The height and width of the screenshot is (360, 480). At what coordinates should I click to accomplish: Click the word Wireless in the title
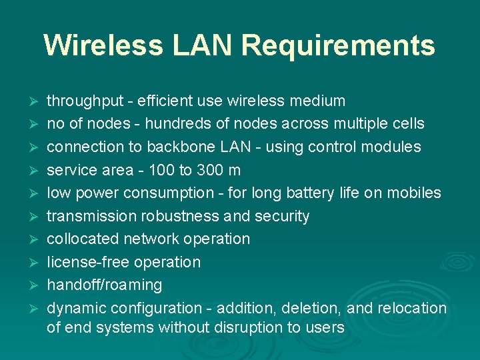pyautogui.click(x=103, y=45)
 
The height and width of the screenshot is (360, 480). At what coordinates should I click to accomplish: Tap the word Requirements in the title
pyautogui.click(x=338, y=45)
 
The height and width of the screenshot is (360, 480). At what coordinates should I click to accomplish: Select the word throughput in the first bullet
pyautogui.click(x=85, y=101)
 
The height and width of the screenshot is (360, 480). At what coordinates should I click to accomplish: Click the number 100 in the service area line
pyautogui.click(x=161, y=170)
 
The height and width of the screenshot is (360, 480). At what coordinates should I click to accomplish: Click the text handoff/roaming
pyautogui.click(x=104, y=285)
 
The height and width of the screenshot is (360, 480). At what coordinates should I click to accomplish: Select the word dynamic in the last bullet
pyautogui.click(x=76, y=308)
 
